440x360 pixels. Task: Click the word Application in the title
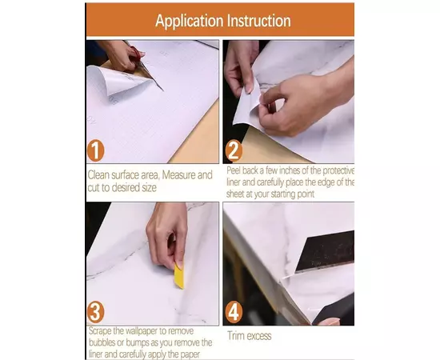[189, 21]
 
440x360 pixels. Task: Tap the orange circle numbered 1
[95, 150]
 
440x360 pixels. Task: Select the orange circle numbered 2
[234, 151]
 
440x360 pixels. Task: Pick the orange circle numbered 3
[95, 312]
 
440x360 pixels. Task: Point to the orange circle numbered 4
[234, 312]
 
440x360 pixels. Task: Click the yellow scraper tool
[179, 276]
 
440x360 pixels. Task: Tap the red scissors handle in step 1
[136, 55]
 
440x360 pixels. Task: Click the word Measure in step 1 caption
[178, 175]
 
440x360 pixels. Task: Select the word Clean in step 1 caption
[98, 175]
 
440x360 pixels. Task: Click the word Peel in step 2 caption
[234, 170]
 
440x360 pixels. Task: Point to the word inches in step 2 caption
[290, 170]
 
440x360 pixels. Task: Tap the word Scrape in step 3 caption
[100, 331]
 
